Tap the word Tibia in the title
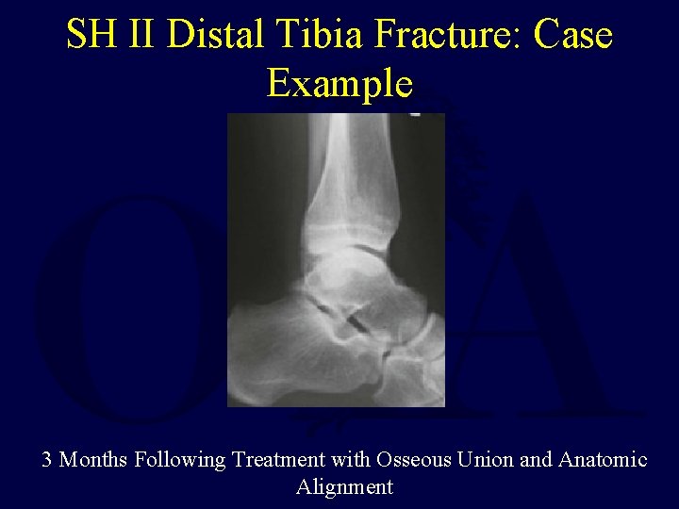323,36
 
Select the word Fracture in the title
448,36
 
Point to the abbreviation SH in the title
91,36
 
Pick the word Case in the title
572,36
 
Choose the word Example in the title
339,83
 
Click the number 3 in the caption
47,460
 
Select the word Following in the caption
180,461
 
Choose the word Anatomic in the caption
603,460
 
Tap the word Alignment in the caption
344,487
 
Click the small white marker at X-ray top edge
414,114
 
